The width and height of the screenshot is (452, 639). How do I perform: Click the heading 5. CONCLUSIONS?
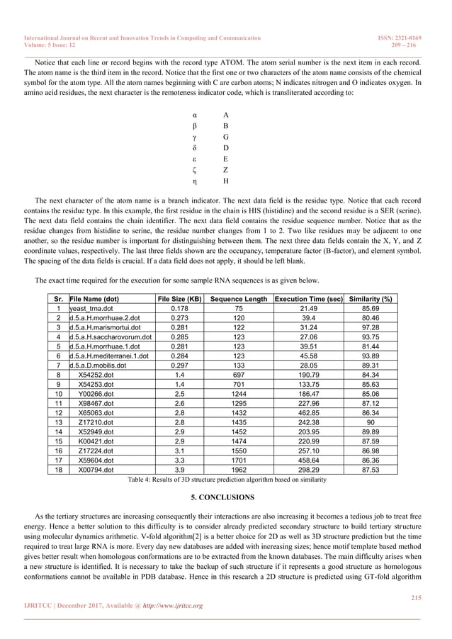coord(225,497)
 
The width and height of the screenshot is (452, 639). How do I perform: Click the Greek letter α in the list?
coord(195,114)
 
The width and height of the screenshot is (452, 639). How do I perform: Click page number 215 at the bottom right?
coord(416,599)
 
